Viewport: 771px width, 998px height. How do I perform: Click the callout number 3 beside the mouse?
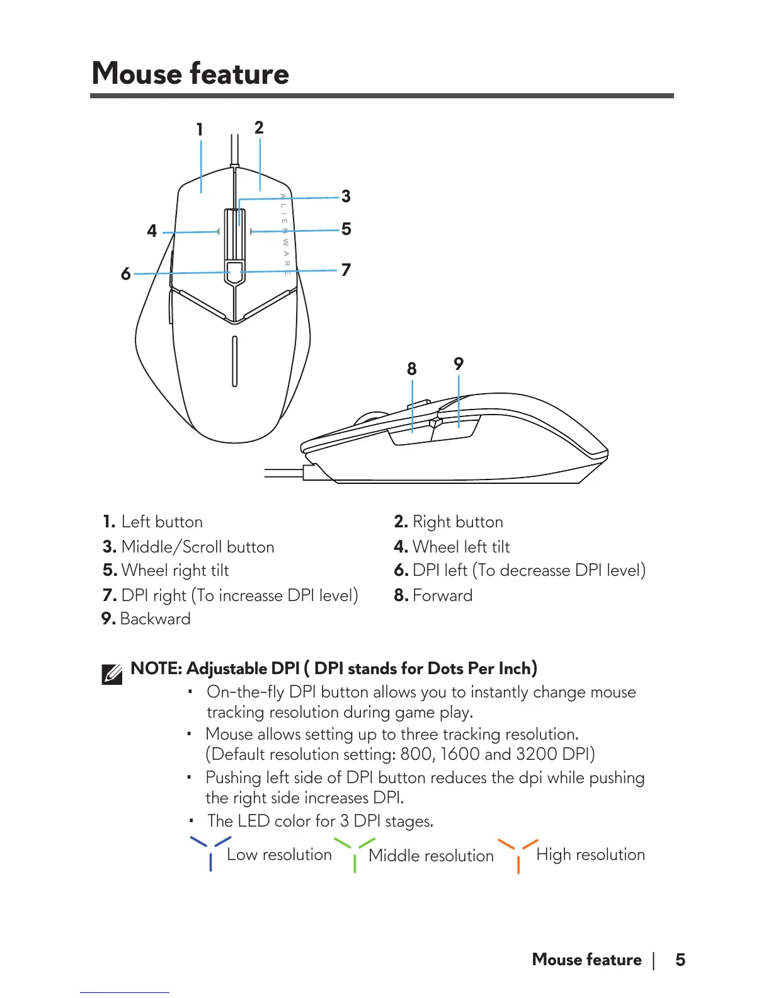pyautogui.click(x=346, y=197)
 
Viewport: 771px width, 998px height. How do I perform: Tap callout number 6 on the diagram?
pyautogui.click(x=126, y=273)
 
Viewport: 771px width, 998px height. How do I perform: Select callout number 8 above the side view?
pyautogui.click(x=412, y=369)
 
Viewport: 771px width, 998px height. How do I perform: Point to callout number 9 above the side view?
pyautogui.click(x=459, y=364)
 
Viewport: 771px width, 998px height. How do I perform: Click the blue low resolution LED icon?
pyautogui.click(x=210, y=852)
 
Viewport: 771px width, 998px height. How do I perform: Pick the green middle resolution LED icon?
pyautogui.click(x=355, y=854)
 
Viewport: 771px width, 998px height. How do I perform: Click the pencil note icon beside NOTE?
pyautogui.click(x=112, y=674)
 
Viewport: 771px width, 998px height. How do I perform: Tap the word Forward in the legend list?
pyautogui.click(x=442, y=595)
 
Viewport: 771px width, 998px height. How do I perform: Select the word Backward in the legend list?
pyautogui.click(x=155, y=619)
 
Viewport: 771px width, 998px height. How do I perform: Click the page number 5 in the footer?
pyautogui.click(x=680, y=960)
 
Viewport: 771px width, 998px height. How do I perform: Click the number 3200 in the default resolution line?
pyautogui.click(x=536, y=754)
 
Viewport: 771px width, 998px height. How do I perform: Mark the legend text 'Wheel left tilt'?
pyautogui.click(x=461, y=547)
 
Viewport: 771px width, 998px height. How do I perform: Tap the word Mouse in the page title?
pyautogui.click(x=137, y=73)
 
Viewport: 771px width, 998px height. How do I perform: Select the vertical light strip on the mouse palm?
pyautogui.click(x=234, y=361)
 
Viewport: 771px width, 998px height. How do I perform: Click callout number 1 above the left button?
pyautogui.click(x=200, y=130)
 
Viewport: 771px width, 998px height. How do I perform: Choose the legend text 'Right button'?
pyautogui.click(x=458, y=522)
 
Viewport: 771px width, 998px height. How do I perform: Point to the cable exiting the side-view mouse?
pyautogui.click(x=283, y=473)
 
